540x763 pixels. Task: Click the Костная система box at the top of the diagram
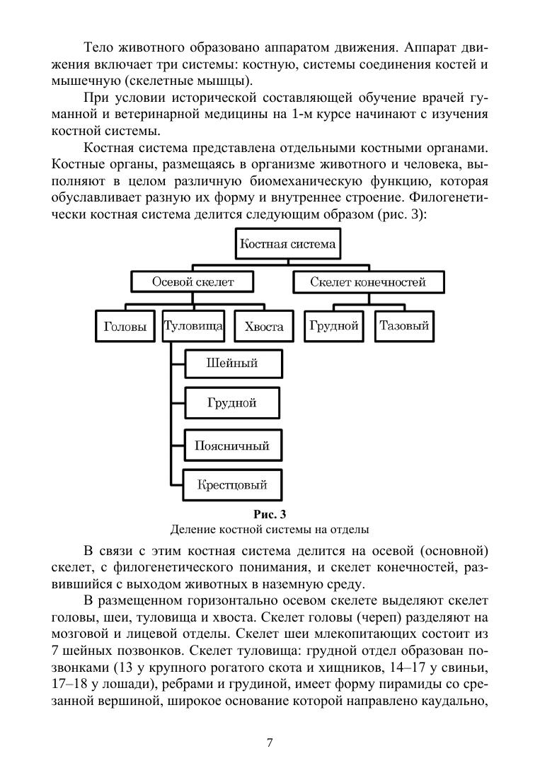point(287,245)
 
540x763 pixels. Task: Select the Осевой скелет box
point(193,282)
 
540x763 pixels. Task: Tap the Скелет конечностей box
point(368,282)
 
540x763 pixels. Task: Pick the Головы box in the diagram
point(125,327)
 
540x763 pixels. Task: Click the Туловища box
point(193,326)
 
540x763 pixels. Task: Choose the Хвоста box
point(263,327)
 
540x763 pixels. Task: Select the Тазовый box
point(404,326)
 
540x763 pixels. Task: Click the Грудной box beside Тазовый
point(334,326)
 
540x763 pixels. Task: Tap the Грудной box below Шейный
point(231,403)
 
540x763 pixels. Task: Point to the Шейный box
point(231,363)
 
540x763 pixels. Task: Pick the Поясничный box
point(232,446)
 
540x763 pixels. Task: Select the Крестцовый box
point(231,485)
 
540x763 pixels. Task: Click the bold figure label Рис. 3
point(269,514)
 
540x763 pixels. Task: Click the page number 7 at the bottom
point(270,742)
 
